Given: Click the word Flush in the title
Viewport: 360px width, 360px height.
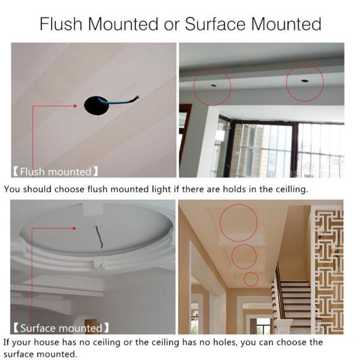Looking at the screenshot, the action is pyautogui.click(x=61, y=24).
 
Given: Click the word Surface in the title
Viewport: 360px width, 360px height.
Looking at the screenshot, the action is pyautogui.click(x=215, y=24).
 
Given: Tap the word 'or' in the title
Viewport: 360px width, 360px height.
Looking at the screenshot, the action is pyautogui.click(x=171, y=26).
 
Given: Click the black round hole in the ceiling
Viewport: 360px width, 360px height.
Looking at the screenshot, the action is pyautogui.click(x=97, y=106).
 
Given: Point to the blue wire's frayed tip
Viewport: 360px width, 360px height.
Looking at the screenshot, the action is pyautogui.click(x=137, y=97).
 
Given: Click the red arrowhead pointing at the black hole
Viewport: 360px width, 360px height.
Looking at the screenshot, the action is pyautogui.click(x=75, y=106).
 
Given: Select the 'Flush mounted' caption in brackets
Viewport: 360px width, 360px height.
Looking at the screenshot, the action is pyautogui.click(x=56, y=172).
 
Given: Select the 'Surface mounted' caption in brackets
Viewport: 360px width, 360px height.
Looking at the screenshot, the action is pyautogui.click(x=61, y=328).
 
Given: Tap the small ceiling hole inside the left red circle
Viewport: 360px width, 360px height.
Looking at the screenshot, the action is pyautogui.click(x=214, y=85).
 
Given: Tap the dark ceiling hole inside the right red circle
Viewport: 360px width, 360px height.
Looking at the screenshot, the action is pyautogui.click(x=305, y=81).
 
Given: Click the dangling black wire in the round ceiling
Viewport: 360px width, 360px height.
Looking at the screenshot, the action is pyautogui.click(x=99, y=236).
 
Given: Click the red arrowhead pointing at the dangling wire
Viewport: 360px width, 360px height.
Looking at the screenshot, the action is pyautogui.click(x=74, y=228).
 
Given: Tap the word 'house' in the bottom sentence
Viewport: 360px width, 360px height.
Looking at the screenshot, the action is pyautogui.click(x=46, y=343).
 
